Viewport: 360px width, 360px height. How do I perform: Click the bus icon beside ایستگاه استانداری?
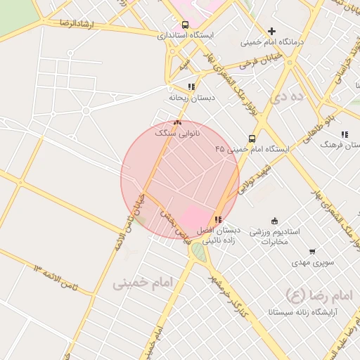coord(185,25)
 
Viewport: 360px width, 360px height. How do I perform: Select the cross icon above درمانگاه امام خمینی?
coord(271,31)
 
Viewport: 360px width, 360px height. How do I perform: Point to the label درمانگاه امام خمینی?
coord(271,41)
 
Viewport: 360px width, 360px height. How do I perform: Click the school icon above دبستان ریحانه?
coord(191,86)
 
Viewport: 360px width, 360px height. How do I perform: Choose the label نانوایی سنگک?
coord(177,132)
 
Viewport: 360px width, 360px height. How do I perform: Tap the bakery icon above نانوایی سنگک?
coord(177,122)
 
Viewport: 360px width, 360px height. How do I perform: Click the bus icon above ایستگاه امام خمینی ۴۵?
coord(252,139)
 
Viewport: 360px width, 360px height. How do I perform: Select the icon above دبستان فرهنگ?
coord(345,134)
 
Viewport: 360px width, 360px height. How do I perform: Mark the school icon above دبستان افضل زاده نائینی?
coord(217,220)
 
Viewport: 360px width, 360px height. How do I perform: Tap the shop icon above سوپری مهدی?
coord(312,252)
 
